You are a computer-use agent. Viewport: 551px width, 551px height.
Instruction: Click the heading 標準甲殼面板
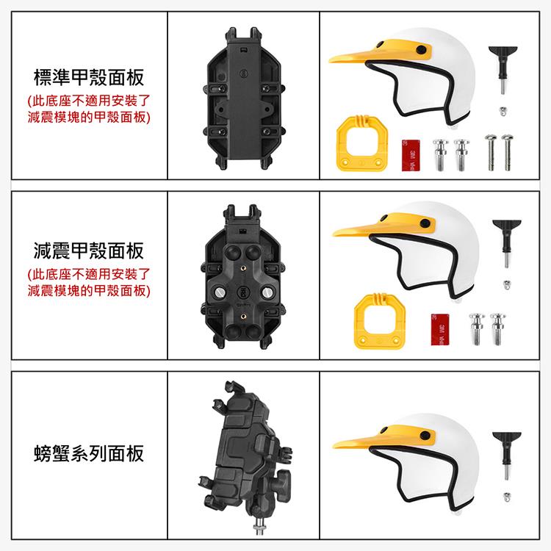(x=89, y=78)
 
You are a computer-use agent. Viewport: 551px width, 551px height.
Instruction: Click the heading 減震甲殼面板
(x=89, y=251)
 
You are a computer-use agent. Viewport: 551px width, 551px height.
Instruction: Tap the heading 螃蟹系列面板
(x=89, y=453)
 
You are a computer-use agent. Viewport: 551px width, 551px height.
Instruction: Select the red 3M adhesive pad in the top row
(x=411, y=155)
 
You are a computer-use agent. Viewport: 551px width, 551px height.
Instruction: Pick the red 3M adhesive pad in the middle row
(x=440, y=329)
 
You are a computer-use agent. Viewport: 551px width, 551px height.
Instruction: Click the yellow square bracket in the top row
(x=362, y=143)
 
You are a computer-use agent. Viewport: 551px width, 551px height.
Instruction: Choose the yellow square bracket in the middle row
(x=380, y=321)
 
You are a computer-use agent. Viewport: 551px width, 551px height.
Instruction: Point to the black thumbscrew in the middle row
(x=506, y=243)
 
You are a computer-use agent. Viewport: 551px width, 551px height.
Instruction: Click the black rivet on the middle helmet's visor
(x=425, y=223)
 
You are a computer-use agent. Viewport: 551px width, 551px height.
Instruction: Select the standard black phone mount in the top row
(x=244, y=98)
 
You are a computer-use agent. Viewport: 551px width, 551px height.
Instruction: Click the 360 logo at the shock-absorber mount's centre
(x=243, y=292)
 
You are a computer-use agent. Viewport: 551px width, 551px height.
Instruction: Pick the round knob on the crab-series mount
(x=284, y=479)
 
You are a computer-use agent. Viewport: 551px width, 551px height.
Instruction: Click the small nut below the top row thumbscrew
(x=503, y=112)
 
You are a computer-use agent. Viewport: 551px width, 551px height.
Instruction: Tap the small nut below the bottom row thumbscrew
(x=507, y=497)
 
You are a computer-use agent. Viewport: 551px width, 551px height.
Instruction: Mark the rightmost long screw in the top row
(x=507, y=152)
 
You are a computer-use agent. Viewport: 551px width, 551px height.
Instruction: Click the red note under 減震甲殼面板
(x=89, y=283)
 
